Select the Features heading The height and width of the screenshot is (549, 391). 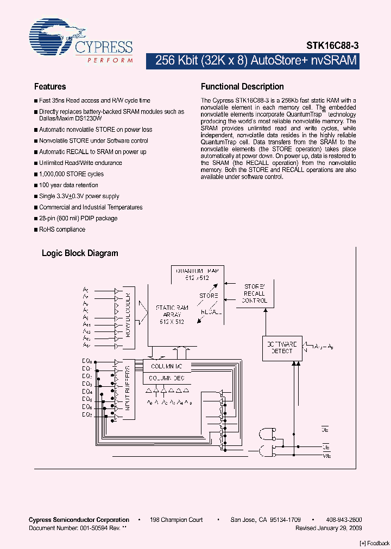click(50, 87)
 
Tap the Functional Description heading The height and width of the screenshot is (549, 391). click(242, 87)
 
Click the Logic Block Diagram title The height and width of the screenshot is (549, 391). click(80, 253)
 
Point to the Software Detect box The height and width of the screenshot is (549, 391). click(280, 347)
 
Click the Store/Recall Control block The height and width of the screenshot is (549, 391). click(254, 293)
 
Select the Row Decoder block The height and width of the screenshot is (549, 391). click(129, 317)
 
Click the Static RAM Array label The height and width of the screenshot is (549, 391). click(172, 315)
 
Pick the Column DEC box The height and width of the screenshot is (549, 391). click(167, 378)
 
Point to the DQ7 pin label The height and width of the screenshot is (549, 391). click(87, 415)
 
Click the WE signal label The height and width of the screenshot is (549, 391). click(326, 456)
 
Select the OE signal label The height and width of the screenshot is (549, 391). click(326, 430)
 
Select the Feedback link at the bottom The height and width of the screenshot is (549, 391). click(375, 544)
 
